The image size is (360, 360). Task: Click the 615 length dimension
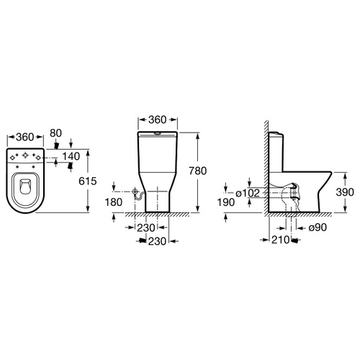pyautogui.click(x=88, y=181)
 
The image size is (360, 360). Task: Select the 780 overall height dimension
pyautogui.click(x=198, y=171)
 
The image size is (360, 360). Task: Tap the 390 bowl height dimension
pyautogui.click(x=345, y=192)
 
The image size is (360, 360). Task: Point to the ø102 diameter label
pyautogui.click(x=248, y=193)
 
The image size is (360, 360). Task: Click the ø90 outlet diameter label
pyautogui.click(x=318, y=228)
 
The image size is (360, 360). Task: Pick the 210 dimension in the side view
pyautogui.click(x=280, y=240)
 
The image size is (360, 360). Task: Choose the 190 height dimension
pyautogui.click(x=226, y=202)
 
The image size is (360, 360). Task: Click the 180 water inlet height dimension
pyautogui.click(x=114, y=202)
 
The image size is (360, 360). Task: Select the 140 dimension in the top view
pyautogui.click(x=71, y=156)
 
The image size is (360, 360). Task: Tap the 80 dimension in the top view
pyautogui.click(x=55, y=133)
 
